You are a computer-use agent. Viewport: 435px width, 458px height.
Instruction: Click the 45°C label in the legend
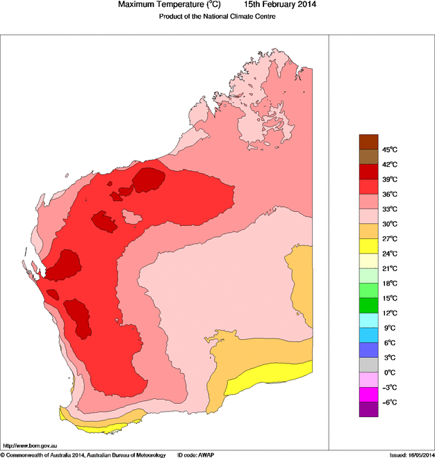389,149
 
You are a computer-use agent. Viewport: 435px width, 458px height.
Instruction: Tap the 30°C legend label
389,224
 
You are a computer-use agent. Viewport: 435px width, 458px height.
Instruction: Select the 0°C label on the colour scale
389,373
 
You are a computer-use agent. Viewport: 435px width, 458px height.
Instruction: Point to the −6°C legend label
389,402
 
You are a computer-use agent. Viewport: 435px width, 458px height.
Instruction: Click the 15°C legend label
389,298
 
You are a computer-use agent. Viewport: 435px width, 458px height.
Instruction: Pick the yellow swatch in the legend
368,246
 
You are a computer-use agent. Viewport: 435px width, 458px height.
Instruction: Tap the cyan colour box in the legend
368,320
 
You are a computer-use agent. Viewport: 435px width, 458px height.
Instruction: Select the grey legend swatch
368,365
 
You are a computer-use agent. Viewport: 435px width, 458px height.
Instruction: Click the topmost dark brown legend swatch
368,142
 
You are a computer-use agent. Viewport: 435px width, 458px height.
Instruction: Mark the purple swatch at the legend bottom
368,409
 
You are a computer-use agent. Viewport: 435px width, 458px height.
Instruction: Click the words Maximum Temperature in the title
158,6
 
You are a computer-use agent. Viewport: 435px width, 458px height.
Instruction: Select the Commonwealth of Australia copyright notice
83,455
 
